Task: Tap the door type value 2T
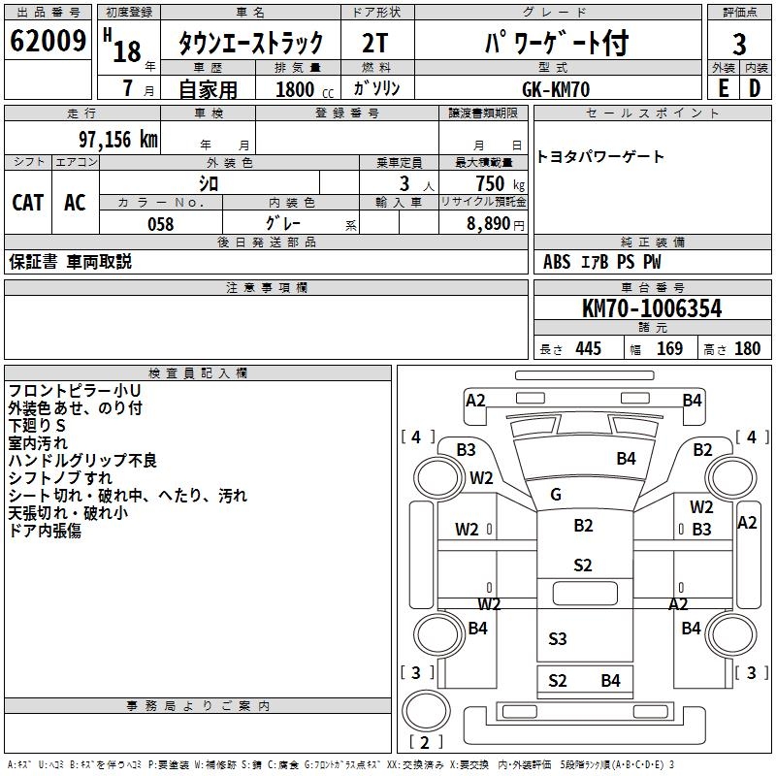tap(375, 44)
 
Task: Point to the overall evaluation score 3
tap(739, 45)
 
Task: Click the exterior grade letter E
tap(723, 87)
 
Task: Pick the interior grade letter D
tap(756, 87)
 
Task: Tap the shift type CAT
tap(27, 202)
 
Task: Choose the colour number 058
tap(160, 224)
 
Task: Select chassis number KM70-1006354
tap(651, 308)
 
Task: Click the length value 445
tap(588, 349)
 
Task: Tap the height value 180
tap(748, 349)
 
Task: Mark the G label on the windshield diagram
tap(556, 495)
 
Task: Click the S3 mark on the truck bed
tap(557, 638)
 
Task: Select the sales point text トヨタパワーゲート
tap(600, 157)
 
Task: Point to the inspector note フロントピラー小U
tap(67, 390)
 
